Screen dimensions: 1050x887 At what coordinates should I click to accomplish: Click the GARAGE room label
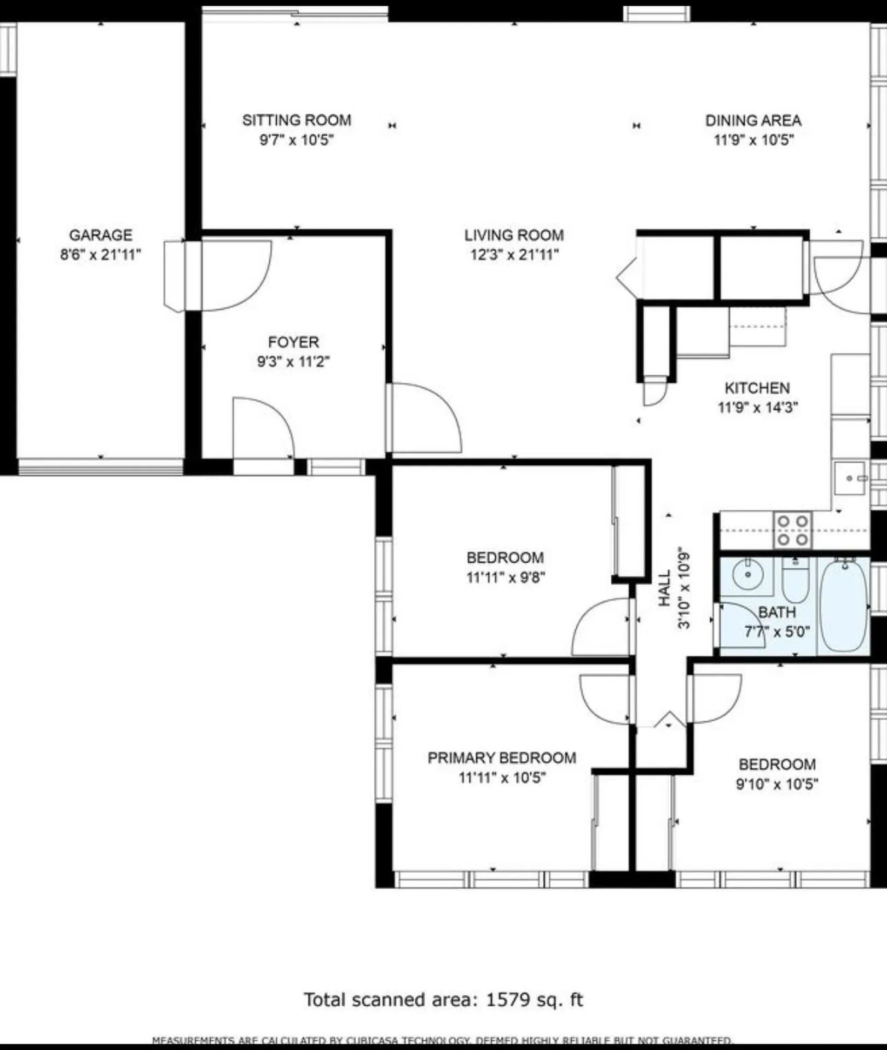point(100,235)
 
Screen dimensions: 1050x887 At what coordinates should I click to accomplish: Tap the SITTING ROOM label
point(297,120)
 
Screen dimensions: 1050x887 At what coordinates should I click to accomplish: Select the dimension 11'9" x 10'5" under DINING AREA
point(753,140)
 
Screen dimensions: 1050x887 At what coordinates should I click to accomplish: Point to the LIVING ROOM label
point(514,235)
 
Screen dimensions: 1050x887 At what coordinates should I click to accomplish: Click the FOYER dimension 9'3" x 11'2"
point(293,361)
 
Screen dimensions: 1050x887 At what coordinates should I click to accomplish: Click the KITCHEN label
point(757,388)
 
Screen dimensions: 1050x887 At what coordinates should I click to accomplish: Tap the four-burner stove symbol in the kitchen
point(792,530)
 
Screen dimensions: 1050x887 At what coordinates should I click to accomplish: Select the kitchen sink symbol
point(850,478)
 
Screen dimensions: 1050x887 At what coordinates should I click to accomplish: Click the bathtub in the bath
point(844,605)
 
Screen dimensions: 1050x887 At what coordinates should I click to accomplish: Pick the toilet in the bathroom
point(796,581)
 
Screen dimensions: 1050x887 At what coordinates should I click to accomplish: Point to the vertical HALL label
point(664,588)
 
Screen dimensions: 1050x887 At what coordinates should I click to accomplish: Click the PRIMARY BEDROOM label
point(501,758)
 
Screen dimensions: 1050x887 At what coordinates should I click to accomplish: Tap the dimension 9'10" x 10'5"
point(776,784)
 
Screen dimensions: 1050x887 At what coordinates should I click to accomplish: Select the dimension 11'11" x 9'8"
point(505,577)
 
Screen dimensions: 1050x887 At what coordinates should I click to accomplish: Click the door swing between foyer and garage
point(235,276)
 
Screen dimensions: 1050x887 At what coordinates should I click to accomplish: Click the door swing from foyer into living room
point(424,418)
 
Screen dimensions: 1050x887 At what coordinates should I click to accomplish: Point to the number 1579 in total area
point(508,1000)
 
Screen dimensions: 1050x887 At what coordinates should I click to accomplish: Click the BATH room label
point(776,612)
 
